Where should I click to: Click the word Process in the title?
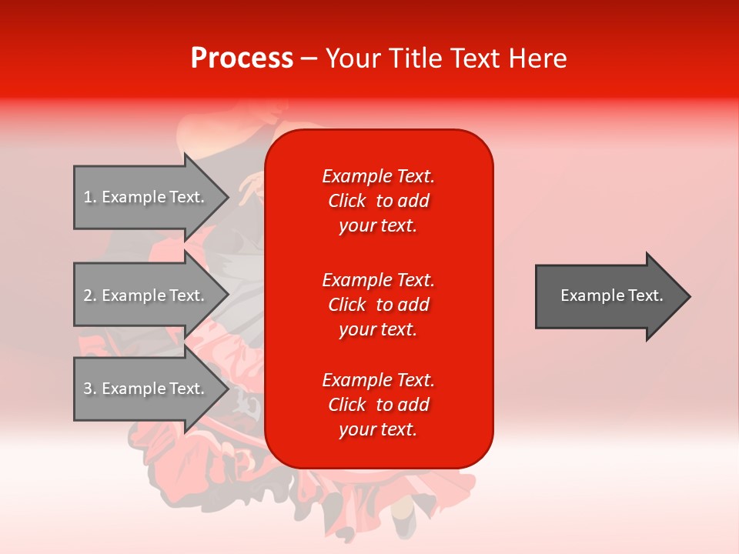pos(242,58)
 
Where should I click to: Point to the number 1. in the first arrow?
pos(89,197)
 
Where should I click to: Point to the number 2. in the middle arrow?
pos(89,295)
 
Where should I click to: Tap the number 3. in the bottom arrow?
pos(89,389)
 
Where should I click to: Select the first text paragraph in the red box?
pos(378,201)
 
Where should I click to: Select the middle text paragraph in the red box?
pos(378,305)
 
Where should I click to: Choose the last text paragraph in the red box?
pos(378,405)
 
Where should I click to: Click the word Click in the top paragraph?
pos(346,202)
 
